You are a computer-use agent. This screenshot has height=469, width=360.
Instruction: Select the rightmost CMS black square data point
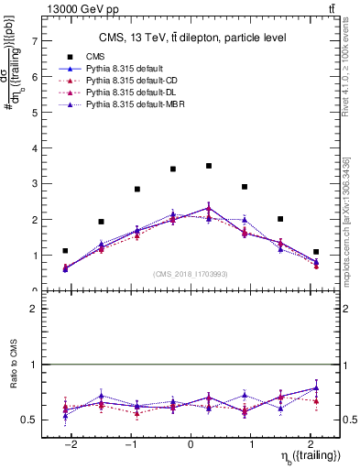point(316,252)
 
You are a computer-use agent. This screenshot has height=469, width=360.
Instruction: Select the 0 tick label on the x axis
point(191,444)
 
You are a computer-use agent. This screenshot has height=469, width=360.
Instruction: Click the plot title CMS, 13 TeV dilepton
point(191,38)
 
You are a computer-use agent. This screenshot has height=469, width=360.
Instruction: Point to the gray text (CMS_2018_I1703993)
point(191,273)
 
